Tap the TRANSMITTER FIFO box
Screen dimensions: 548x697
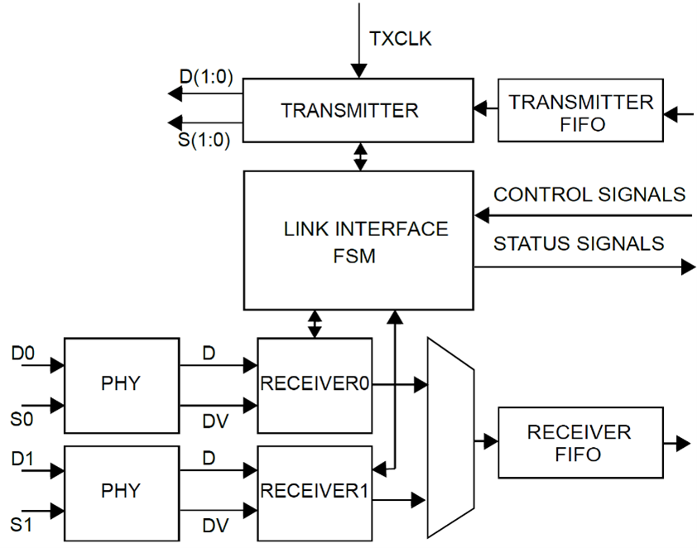point(579,111)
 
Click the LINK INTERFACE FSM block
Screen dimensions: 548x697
point(358,240)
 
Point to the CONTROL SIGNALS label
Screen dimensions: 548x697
point(589,195)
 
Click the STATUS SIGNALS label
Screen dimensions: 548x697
point(579,243)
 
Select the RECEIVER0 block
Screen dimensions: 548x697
point(314,385)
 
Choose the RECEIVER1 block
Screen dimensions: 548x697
point(314,492)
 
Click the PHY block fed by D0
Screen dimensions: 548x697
point(122,385)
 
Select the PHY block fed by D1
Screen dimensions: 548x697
point(122,492)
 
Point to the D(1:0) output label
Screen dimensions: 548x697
point(205,78)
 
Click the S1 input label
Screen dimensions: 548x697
point(22,523)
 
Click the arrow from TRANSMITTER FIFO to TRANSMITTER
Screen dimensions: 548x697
point(485,108)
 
